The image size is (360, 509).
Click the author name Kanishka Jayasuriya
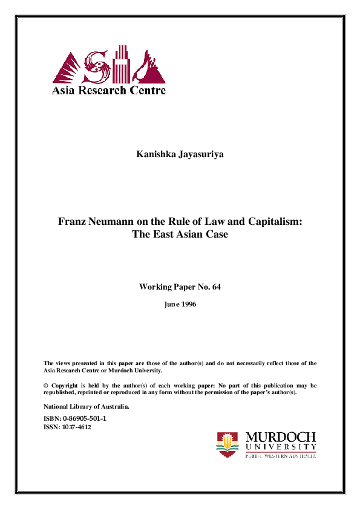point(180,155)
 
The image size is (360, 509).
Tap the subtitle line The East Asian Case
point(180,234)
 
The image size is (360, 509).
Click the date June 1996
point(180,305)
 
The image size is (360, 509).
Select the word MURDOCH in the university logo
point(281,436)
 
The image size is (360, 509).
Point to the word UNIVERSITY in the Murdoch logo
point(281,447)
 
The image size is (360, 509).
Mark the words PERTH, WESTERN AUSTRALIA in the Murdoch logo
point(281,456)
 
